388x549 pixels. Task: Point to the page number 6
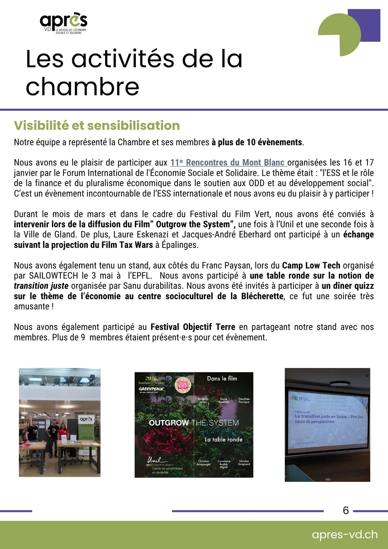(x=346, y=510)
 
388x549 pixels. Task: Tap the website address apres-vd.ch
(x=345, y=534)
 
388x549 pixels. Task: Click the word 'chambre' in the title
(x=82, y=87)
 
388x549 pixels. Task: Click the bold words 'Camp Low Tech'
(x=311, y=265)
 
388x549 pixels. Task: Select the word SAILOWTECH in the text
(x=53, y=276)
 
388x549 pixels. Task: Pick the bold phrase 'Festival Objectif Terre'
(x=193, y=327)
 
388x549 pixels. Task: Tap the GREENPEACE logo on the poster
(x=151, y=389)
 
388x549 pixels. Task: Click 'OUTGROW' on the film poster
(x=169, y=423)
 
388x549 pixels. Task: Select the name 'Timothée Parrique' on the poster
(x=244, y=400)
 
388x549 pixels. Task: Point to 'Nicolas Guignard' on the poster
(x=244, y=462)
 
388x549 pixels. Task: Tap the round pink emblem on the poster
(x=183, y=385)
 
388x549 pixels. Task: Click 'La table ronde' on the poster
(x=224, y=439)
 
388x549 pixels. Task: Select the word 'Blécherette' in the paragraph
(x=262, y=296)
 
